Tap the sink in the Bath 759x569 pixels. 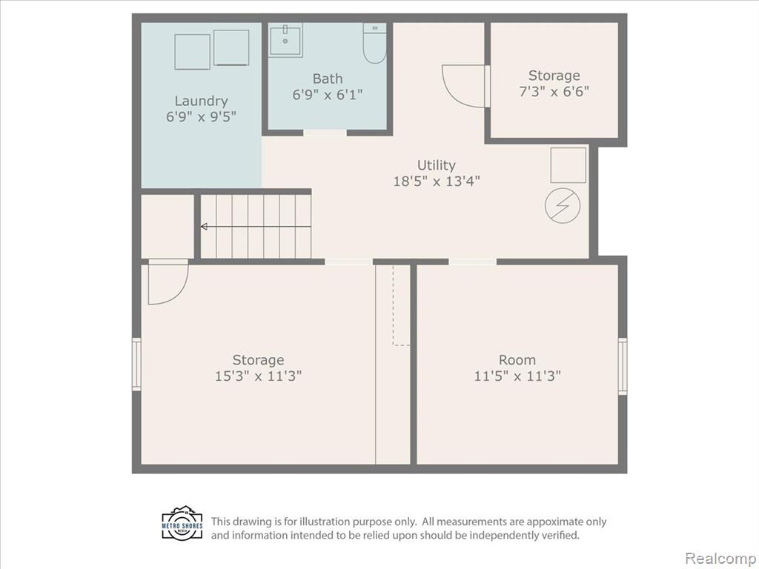285,40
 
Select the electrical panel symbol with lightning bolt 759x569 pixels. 563,205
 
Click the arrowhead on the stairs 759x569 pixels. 204,227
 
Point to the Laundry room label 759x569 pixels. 201,101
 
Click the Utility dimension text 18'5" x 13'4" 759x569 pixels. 437,182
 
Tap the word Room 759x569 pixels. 517,360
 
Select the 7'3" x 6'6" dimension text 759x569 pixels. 554,91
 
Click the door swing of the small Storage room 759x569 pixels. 463,86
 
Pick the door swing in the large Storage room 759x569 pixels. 168,282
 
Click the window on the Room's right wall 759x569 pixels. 623,366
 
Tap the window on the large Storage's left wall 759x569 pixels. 136,365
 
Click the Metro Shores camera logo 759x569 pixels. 182,523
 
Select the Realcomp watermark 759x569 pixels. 721,558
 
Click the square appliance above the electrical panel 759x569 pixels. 569,165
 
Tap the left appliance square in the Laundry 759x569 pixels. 192,52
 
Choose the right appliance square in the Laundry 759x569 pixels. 231,47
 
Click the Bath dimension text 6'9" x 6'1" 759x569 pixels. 327,94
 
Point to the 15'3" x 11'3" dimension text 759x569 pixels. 259,376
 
